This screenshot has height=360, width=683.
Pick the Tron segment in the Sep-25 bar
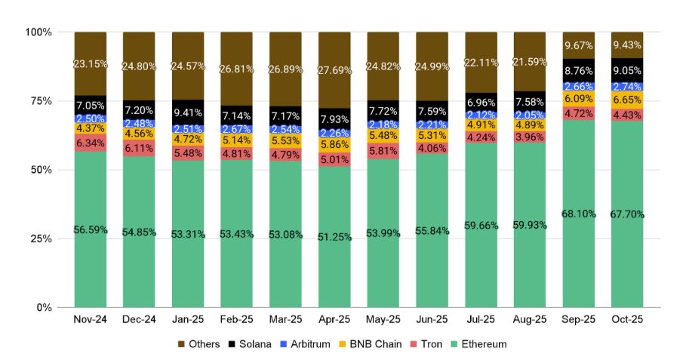[x=579, y=113]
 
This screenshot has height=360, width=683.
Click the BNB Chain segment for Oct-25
[x=628, y=100]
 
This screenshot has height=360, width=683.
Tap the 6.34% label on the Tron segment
[x=91, y=143]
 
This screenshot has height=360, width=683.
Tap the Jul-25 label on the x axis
[x=481, y=320]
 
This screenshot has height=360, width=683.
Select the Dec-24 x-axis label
[x=139, y=320]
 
